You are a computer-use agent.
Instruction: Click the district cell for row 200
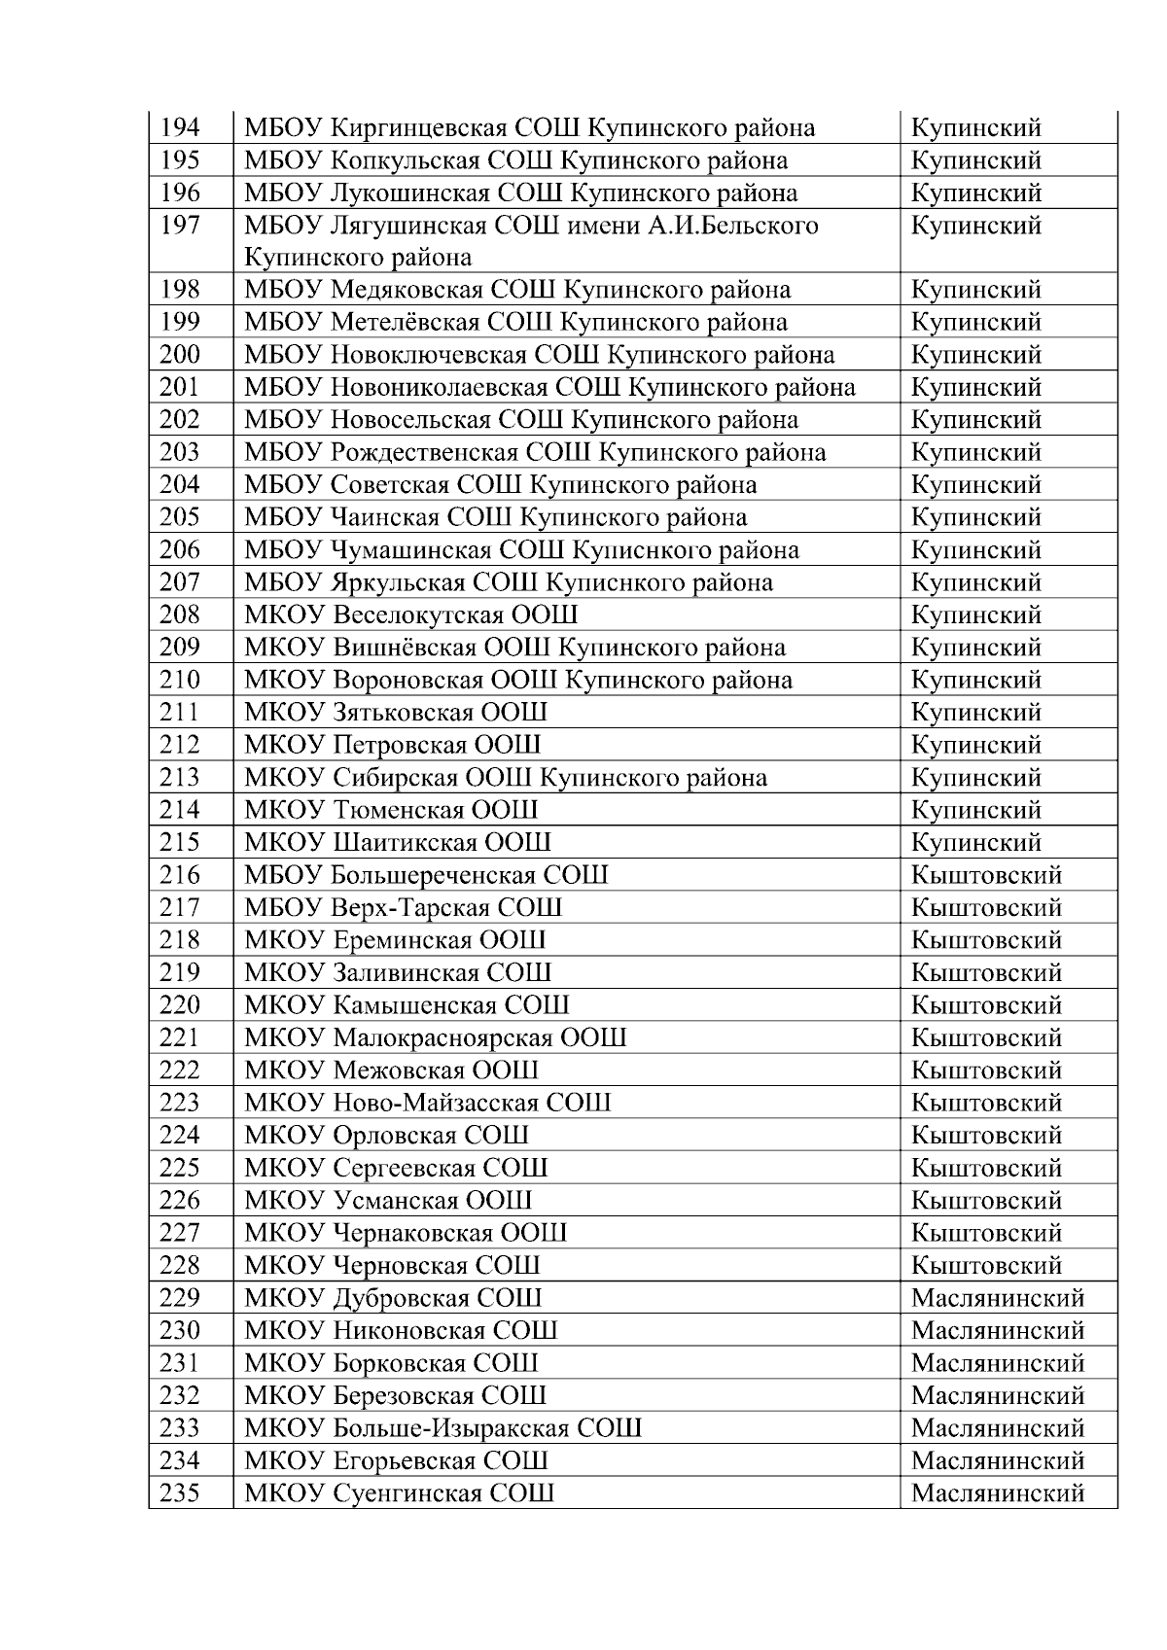click(x=975, y=355)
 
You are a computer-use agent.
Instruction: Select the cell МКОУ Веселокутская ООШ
click(x=411, y=615)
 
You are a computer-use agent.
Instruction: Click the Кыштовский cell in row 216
click(x=986, y=875)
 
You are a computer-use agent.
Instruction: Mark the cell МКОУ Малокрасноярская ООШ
click(x=435, y=1038)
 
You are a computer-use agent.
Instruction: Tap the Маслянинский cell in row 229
click(x=997, y=1299)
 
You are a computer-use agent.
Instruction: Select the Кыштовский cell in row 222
click(x=986, y=1071)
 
